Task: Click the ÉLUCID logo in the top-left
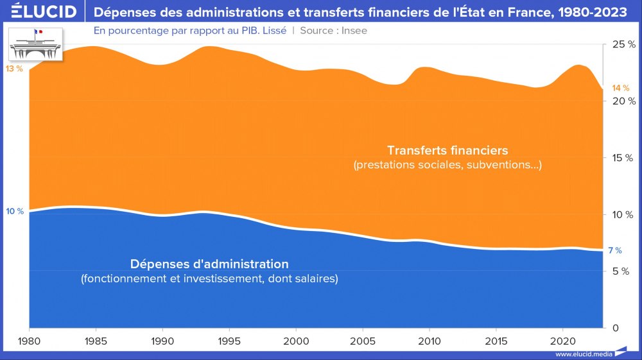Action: [39, 12]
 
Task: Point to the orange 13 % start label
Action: [14, 69]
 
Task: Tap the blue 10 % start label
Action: [15, 211]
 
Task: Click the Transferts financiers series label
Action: [447, 150]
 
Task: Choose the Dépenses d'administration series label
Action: [209, 264]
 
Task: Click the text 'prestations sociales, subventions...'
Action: [447, 166]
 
